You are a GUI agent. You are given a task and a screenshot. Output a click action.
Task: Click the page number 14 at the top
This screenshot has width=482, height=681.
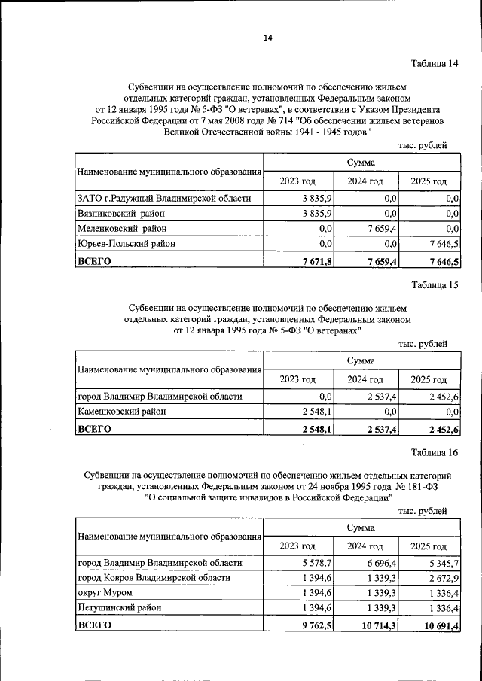pyautogui.click(x=267, y=38)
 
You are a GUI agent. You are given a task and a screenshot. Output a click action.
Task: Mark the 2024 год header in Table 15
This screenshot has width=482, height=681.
pyautogui.click(x=365, y=379)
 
